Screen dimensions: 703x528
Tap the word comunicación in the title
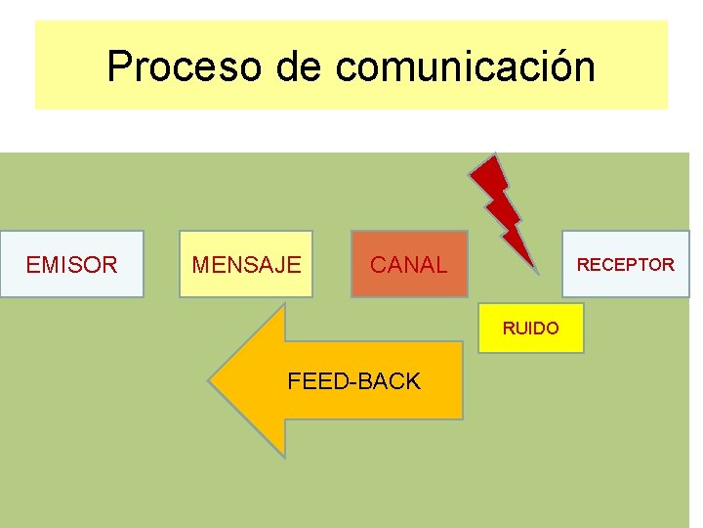(x=465, y=66)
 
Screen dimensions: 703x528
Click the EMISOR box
(x=71, y=264)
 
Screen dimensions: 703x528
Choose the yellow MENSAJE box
(x=246, y=264)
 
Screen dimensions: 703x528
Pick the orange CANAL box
(x=409, y=264)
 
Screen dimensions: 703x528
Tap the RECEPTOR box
(x=625, y=264)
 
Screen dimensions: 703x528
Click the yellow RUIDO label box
(x=531, y=329)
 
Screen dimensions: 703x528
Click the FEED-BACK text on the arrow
(x=353, y=381)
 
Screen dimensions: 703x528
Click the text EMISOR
(x=71, y=265)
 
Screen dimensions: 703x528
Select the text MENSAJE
(x=246, y=265)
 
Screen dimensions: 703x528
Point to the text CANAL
(x=409, y=265)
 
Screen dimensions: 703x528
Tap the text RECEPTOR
(x=625, y=265)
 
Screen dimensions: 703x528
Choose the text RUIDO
(x=531, y=329)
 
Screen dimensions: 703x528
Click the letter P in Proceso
(x=119, y=66)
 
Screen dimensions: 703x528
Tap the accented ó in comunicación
(x=559, y=66)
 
